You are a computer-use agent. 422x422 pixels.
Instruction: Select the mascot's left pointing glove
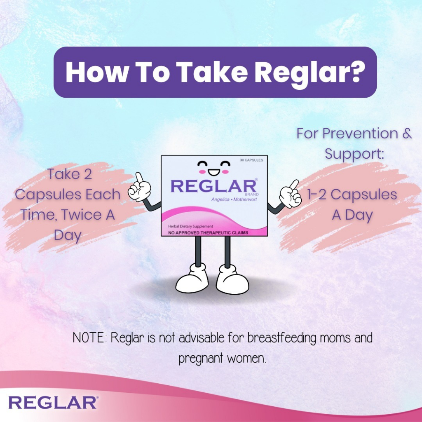[x=139, y=187]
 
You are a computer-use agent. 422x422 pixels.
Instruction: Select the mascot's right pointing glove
[x=290, y=193]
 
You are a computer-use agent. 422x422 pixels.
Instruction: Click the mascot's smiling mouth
[x=214, y=172]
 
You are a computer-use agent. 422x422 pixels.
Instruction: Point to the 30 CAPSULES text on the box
[x=251, y=160]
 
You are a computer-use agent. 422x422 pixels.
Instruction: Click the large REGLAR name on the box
[x=214, y=186]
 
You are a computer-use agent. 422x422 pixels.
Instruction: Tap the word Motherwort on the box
[x=245, y=199]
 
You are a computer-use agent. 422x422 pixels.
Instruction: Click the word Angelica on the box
[x=220, y=200]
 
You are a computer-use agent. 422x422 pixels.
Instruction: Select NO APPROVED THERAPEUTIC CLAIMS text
[x=208, y=232]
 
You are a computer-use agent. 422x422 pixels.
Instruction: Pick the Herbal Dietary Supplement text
[x=190, y=226]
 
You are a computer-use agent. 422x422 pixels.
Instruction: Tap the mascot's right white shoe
[x=232, y=280]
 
